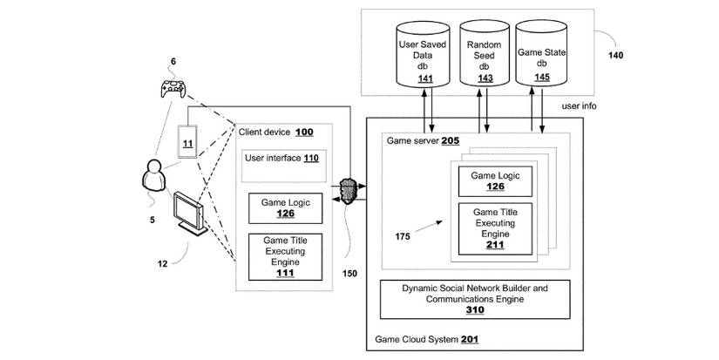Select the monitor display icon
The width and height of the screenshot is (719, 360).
click(x=188, y=210)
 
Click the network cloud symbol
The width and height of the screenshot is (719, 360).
click(x=349, y=192)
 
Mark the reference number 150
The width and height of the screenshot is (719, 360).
click(x=349, y=273)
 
